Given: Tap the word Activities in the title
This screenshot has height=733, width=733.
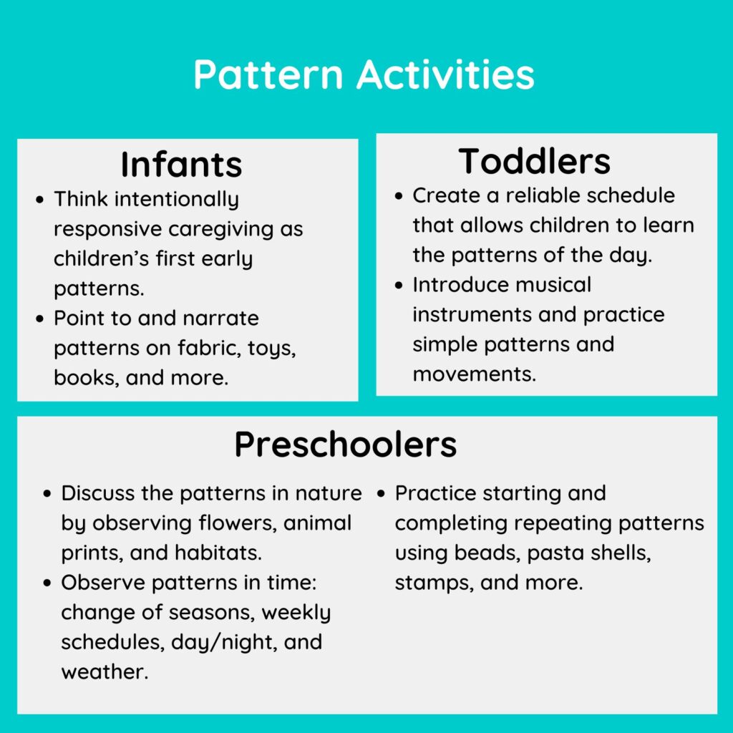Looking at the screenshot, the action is (445, 74).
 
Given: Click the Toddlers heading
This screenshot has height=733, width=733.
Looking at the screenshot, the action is (534, 161).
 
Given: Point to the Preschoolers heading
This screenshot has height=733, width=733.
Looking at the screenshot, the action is (346, 444).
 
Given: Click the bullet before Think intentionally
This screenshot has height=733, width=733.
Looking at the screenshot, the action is (40, 200).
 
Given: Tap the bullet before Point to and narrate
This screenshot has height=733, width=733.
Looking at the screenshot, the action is (40, 319).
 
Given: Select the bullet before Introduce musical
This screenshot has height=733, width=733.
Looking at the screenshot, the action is (398, 285).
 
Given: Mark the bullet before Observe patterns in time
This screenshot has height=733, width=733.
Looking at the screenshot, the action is (47, 583).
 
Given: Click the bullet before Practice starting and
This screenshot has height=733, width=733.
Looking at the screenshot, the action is (381, 494).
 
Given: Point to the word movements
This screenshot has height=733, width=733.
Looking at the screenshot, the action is (474, 374).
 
